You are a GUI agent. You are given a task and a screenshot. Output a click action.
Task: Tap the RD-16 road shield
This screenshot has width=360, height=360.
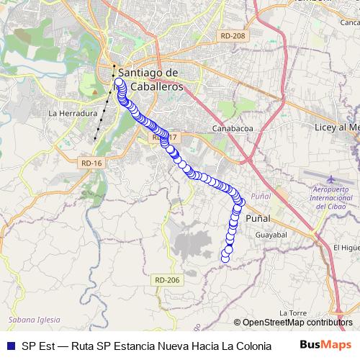(91, 163)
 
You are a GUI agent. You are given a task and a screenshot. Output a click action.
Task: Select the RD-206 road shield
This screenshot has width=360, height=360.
(165, 280)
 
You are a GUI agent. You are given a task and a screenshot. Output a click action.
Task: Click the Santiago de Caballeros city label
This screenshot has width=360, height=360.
(149, 79)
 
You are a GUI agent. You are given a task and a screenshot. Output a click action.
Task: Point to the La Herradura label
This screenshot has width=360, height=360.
(72, 114)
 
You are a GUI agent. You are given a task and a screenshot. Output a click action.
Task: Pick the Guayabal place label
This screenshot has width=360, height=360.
(271, 235)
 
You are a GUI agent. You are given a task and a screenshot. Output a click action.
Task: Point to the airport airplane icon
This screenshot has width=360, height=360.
(330, 179)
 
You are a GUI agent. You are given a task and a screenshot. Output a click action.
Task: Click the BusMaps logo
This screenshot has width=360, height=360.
(321, 345)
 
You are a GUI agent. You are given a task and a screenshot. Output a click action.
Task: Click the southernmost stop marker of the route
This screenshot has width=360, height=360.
(225, 258)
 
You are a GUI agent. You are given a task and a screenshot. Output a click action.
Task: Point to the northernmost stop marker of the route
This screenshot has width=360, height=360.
(119, 83)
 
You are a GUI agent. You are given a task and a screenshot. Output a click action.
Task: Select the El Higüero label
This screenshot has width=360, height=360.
(346, 248)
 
